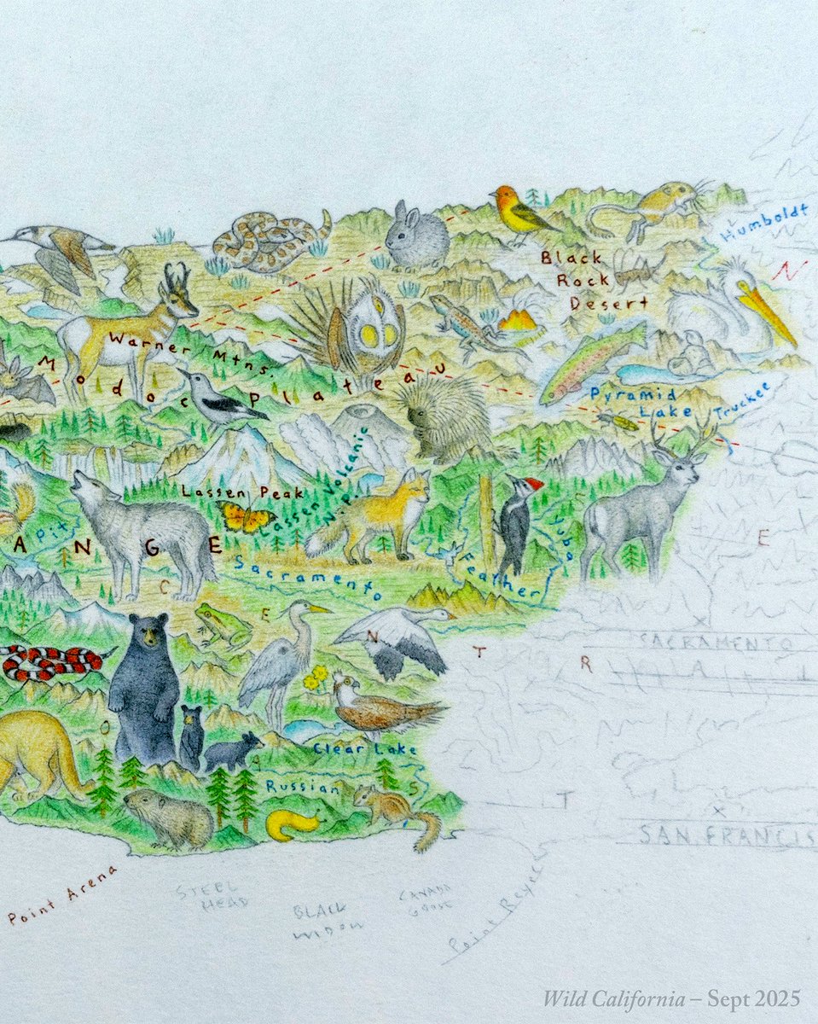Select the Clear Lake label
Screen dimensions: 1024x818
364,749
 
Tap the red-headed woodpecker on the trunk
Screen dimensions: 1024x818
518,522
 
